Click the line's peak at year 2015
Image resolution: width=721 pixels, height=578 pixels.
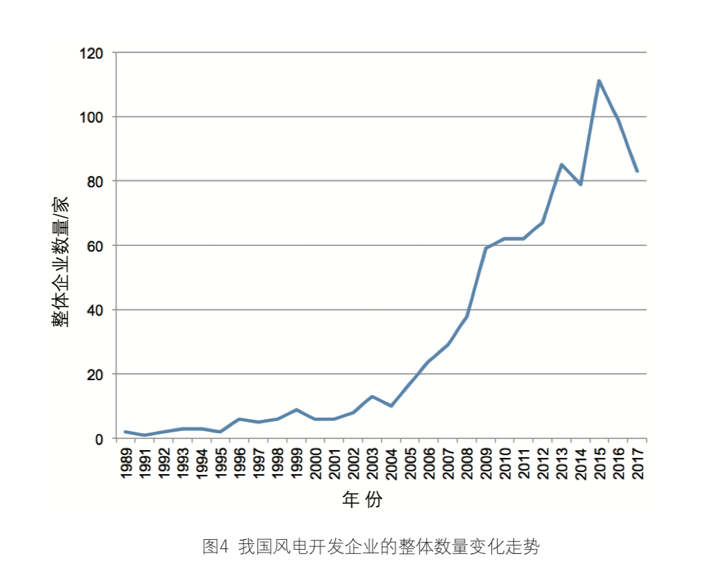[599, 81]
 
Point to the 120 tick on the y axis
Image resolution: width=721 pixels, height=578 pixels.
[93, 53]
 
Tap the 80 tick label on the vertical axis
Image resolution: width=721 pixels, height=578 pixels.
[97, 182]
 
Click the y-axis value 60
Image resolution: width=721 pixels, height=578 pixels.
[97, 246]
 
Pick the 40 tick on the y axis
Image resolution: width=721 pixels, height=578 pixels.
[97, 310]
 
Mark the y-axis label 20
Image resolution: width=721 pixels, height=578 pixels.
[97, 374]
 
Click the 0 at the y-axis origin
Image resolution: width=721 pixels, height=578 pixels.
[100, 439]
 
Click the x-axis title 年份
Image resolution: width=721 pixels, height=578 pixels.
[362, 501]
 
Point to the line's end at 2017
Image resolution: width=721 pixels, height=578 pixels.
[637, 171]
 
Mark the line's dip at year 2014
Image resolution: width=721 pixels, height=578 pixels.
[580, 184]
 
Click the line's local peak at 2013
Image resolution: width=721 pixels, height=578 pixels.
[561, 165]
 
